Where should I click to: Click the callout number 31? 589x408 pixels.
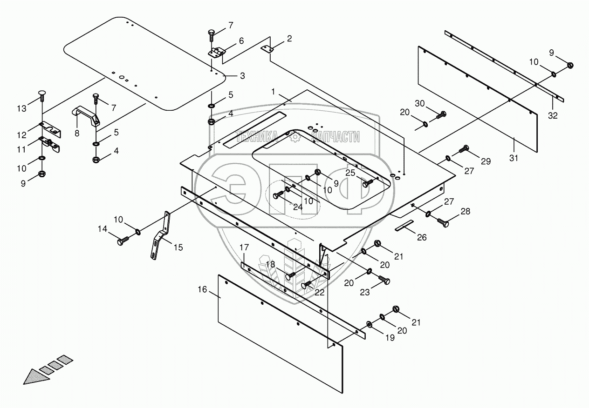[x=513, y=158]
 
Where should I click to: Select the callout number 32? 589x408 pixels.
[x=553, y=116]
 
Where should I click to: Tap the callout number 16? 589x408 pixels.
[x=202, y=289]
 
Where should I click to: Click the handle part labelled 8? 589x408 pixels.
[x=87, y=116]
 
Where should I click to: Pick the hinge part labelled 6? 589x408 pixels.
[x=217, y=53]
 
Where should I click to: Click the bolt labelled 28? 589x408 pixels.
[x=443, y=222]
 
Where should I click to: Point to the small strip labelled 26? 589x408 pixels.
[x=404, y=226]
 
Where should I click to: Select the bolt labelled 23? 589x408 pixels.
[x=384, y=280]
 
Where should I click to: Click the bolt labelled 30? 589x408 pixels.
[x=441, y=114]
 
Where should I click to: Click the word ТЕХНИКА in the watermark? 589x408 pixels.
[x=257, y=136]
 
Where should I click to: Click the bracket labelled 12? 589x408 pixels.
[x=49, y=128]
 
